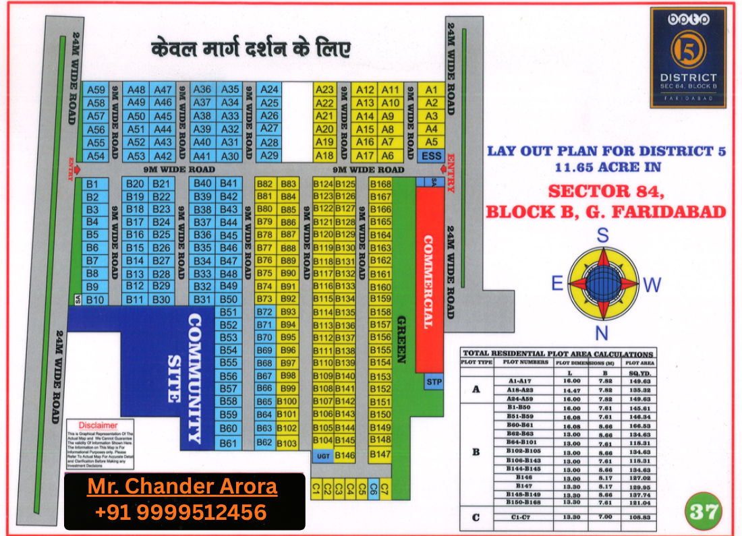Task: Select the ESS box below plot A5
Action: [x=431, y=156]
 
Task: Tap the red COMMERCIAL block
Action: [x=428, y=280]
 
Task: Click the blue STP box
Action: [x=434, y=382]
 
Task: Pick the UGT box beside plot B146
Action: [x=322, y=456]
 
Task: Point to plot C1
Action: [x=315, y=490]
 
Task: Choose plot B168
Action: [x=381, y=184]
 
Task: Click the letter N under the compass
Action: [x=602, y=332]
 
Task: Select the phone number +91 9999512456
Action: [x=181, y=512]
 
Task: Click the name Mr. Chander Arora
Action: [x=182, y=487]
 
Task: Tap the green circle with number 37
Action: [x=704, y=511]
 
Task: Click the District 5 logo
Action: [x=688, y=57]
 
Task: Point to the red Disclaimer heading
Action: [x=98, y=425]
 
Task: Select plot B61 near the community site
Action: [x=229, y=443]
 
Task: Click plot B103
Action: [x=287, y=443]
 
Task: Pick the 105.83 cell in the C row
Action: [x=637, y=516]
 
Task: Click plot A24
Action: [x=269, y=90]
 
